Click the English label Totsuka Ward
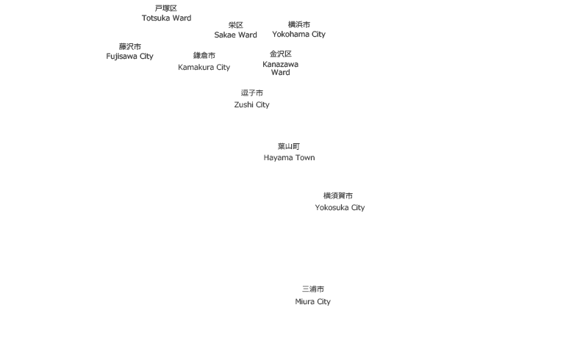(166, 18)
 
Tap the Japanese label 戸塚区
(166, 8)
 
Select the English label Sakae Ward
(236, 35)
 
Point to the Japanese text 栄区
(236, 25)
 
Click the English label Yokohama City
(299, 35)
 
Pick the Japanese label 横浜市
(299, 24)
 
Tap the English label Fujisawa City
(130, 57)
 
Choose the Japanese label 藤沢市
(130, 46)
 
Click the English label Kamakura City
(204, 68)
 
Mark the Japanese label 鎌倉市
(204, 56)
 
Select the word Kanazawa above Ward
(281, 64)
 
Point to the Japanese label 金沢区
(281, 54)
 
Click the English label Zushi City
(252, 104)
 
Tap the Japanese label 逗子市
(252, 93)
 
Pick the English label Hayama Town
(289, 158)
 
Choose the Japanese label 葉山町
(289, 146)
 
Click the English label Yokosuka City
(340, 208)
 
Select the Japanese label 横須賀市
(338, 196)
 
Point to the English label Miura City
(313, 301)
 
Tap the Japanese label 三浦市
(313, 289)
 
